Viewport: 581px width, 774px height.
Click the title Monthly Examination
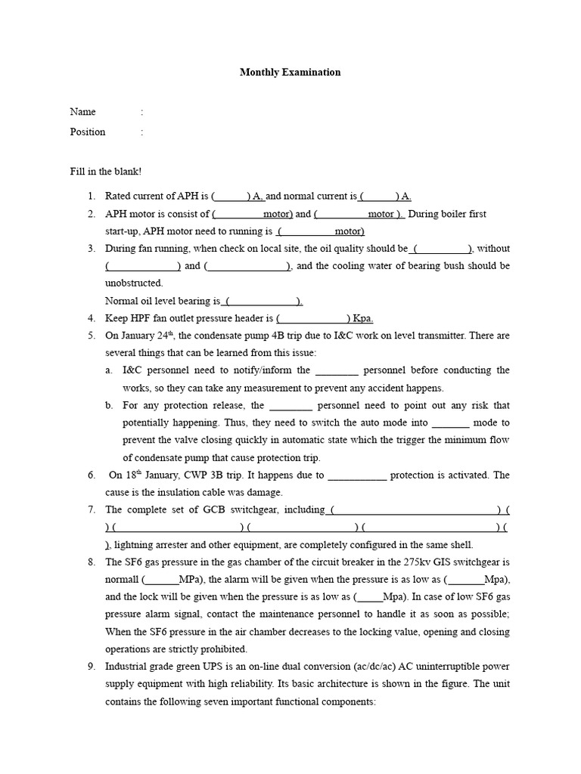point(290,73)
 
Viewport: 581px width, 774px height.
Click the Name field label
point(83,112)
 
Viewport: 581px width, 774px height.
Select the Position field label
point(88,132)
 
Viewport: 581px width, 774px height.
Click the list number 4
point(91,318)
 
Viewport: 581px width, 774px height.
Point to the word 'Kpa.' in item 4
point(363,318)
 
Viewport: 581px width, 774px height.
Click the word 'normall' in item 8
point(123,579)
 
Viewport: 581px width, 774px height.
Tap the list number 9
point(91,666)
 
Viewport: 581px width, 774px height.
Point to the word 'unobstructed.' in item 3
point(134,283)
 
